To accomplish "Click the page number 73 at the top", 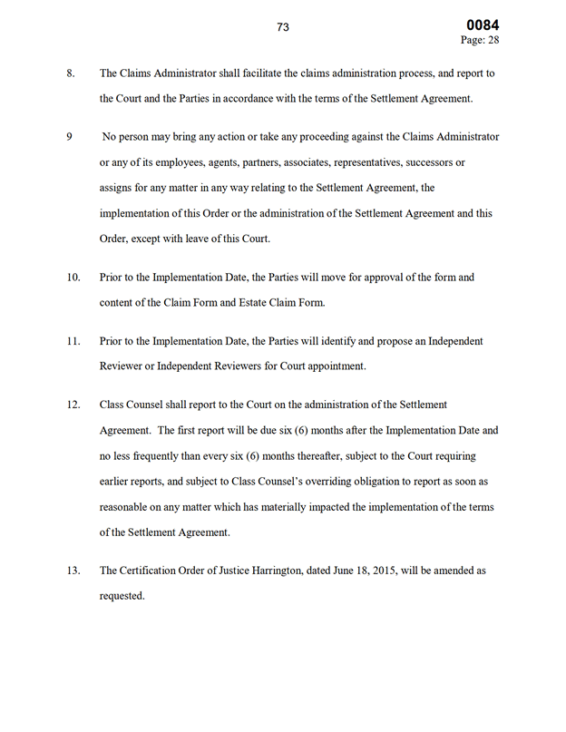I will (x=283, y=27).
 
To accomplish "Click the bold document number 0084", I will (x=483, y=24).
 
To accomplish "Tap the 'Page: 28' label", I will (x=481, y=41).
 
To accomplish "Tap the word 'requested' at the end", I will (x=122, y=596).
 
